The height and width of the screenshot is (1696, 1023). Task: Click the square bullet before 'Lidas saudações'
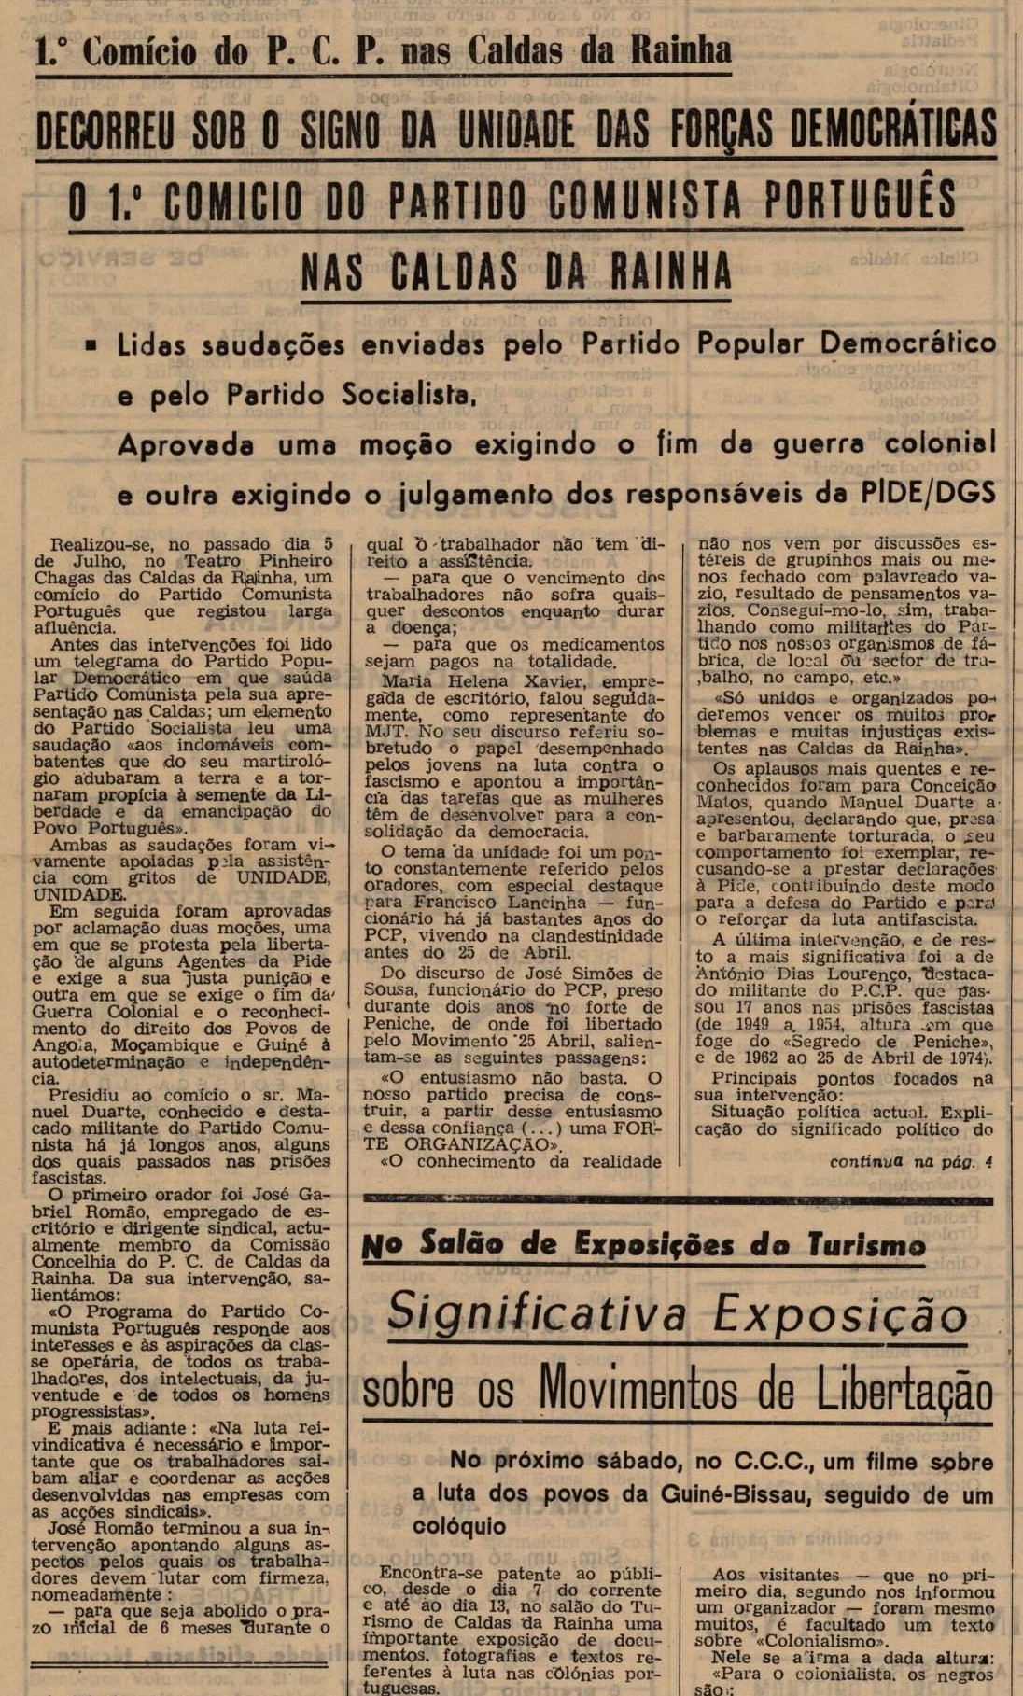[x=91, y=344]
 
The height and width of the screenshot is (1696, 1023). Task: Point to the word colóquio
[x=459, y=1526]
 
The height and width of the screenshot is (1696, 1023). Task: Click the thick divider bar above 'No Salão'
[x=677, y=1198]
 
